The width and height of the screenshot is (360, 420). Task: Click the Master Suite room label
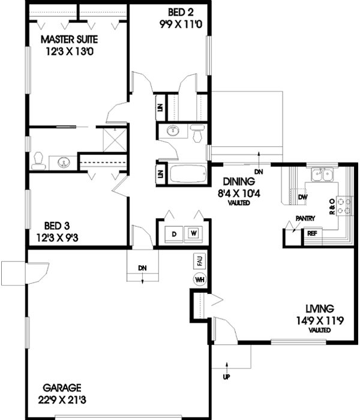[x=70, y=40]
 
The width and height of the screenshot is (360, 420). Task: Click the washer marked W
[x=193, y=233]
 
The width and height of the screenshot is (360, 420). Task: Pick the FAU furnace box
[x=199, y=262]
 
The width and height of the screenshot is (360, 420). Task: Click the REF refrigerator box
[x=312, y=234]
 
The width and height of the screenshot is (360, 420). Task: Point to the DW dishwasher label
[x=302, y=196]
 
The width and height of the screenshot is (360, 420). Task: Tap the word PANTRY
[x=305, y=220]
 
